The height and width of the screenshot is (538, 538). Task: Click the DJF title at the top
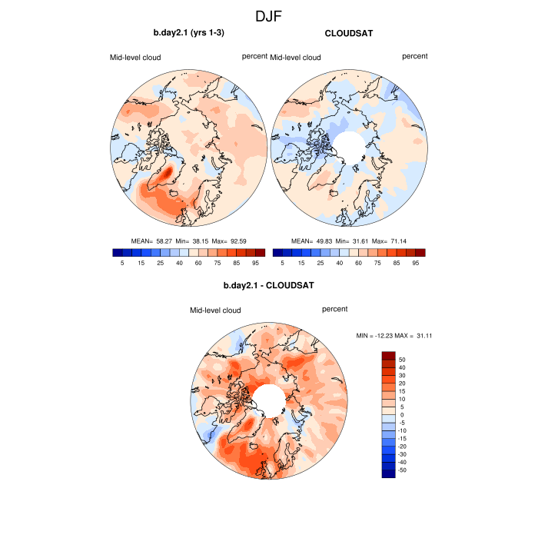click(269, 15)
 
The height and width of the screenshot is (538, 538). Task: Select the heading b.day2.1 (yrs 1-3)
click(188, 33)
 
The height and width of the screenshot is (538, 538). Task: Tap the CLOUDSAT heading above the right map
click(350, 33)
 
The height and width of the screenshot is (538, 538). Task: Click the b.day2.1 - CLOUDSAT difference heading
click(268, 286)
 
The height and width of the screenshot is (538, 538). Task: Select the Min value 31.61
click(356, 240)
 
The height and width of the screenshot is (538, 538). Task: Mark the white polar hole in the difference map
click(268, 398)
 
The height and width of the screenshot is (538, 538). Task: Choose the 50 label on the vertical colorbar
click(401, 359)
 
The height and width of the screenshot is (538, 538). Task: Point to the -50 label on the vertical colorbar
click(403, 470)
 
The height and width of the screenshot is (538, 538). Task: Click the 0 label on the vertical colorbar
click(401, 414)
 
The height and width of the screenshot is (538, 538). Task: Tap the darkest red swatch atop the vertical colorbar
click(389, 355)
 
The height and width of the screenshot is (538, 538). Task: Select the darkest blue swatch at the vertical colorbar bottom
click(389, 473)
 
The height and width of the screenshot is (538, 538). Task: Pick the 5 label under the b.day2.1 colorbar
click(122, 263)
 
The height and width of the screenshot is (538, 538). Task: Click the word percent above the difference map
click(334, 309)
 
